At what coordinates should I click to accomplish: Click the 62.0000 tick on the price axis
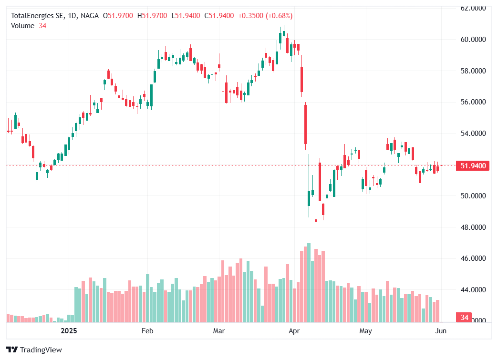click(473, 8)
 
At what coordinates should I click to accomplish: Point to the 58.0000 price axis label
click(473, 71)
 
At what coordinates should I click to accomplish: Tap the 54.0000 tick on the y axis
click(473, 133)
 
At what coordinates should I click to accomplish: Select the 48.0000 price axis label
click(473, 227)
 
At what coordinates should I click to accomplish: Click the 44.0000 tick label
click(473, 289)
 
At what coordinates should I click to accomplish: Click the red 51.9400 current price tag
click(473, 166)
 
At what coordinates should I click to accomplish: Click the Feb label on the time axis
click(147, 330)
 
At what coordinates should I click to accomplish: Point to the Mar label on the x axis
click(218, 330)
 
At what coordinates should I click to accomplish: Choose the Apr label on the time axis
click(294, 330)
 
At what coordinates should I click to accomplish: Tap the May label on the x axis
click(365, 330)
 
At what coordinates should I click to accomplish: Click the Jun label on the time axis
click(441, 330)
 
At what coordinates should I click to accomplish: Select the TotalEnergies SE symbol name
click(38, 16)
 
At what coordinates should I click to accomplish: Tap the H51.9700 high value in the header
click(152, 16)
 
